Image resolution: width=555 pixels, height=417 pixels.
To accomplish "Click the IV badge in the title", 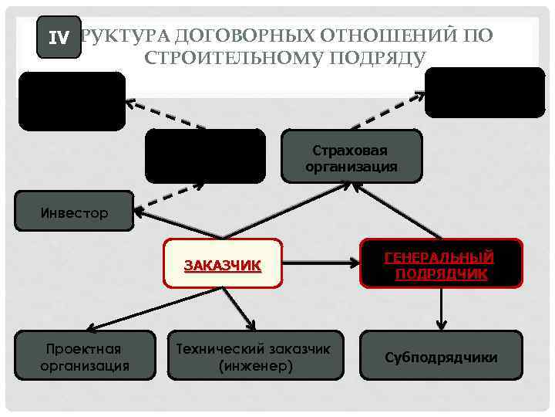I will (59, 37).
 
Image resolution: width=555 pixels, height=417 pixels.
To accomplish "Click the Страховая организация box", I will (351, 157).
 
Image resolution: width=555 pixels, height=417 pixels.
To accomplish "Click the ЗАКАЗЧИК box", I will (222, 266).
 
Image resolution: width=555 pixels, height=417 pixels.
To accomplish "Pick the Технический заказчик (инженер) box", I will (253, 356).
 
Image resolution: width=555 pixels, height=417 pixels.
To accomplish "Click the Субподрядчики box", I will (441, 357).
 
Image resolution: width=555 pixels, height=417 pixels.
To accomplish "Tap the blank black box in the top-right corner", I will (484, 92).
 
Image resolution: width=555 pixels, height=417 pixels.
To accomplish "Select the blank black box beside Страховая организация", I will (204, 155).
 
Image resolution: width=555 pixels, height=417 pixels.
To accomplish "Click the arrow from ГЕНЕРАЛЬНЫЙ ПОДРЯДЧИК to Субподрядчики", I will (441, 310).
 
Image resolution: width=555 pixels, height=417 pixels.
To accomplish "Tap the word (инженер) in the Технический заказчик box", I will (253, 364).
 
